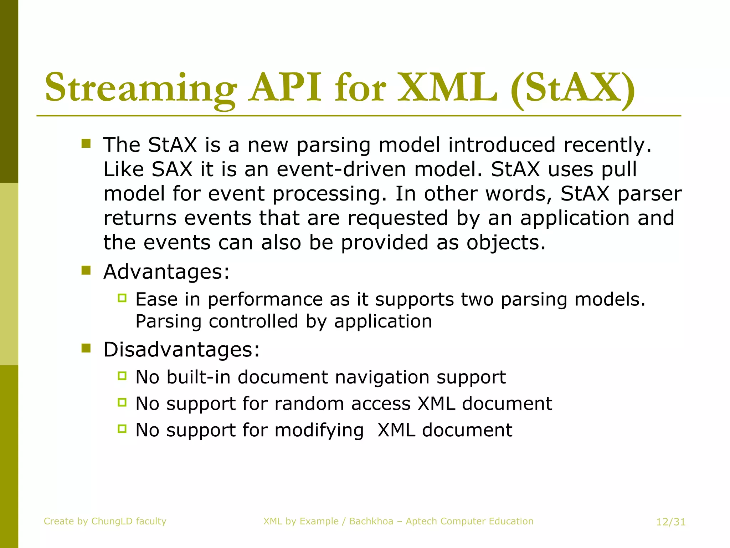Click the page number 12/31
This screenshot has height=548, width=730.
coord(671,522)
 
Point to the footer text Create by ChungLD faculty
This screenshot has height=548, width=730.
coord(105,521)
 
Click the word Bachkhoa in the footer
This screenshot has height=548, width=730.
coord(371,521)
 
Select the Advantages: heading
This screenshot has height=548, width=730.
coord(166,272)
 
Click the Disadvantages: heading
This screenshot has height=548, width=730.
coord(181,349)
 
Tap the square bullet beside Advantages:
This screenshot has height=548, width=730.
coord(86,270)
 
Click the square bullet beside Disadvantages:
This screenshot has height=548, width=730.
coord(86,348)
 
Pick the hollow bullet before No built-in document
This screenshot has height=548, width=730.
coord(122,376)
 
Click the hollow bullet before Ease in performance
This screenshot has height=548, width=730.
coord(122,298)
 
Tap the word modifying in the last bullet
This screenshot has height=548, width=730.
coord(319,430)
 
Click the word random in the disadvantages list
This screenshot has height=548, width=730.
coord(309,404)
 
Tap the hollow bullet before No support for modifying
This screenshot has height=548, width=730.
coord(122,429)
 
